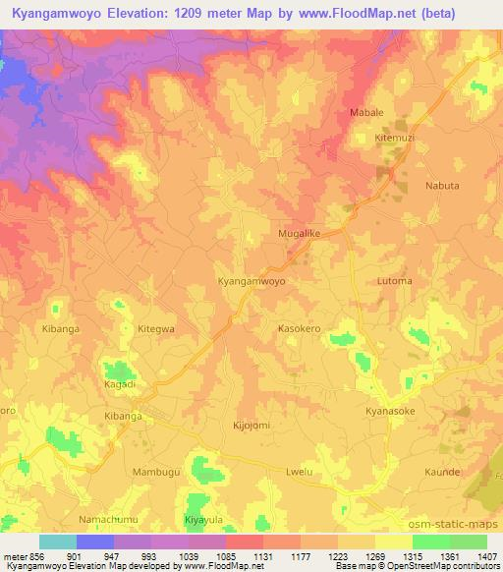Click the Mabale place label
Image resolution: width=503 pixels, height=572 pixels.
[x=366, y=113]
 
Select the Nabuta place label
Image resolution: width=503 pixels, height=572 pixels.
[x=441, y=185]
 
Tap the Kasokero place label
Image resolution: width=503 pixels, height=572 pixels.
[x=301, y=328]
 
